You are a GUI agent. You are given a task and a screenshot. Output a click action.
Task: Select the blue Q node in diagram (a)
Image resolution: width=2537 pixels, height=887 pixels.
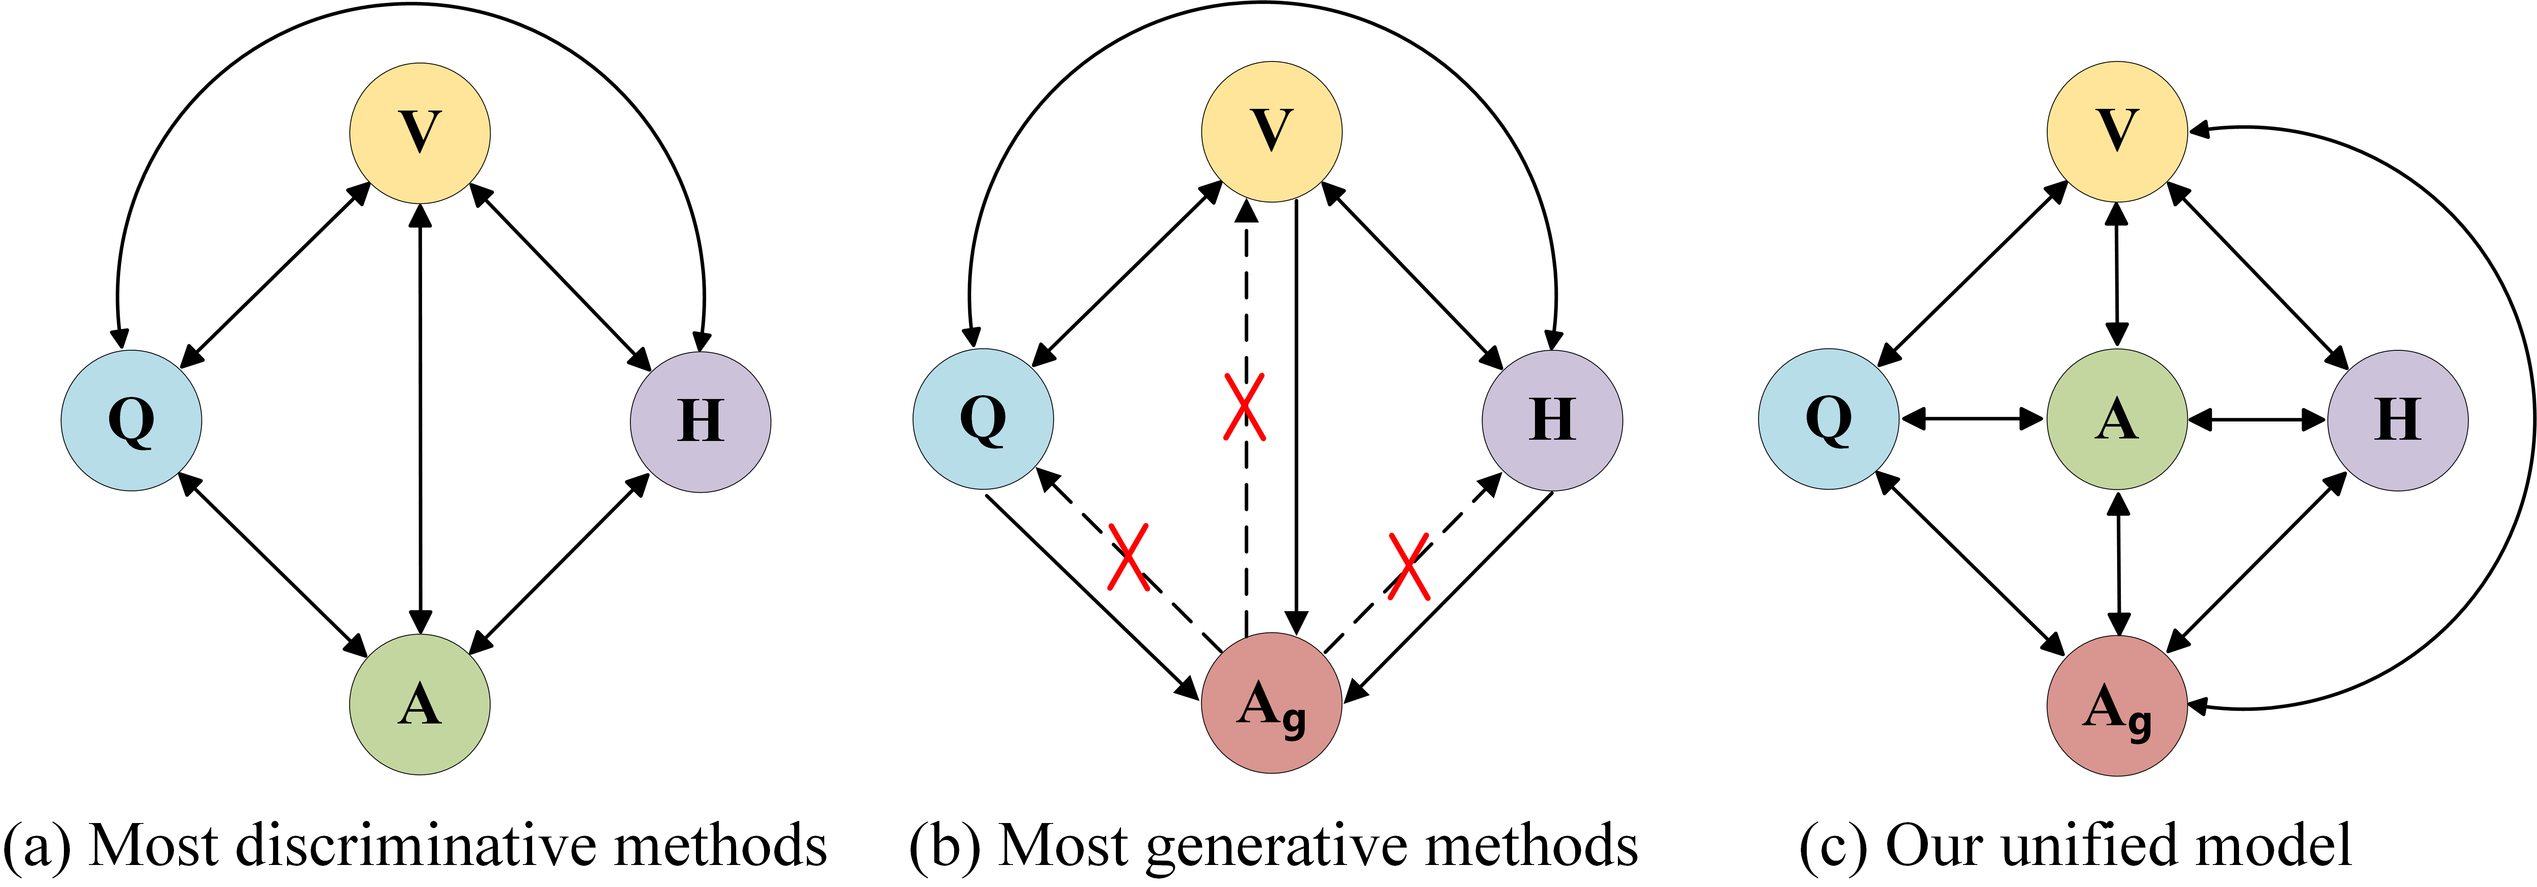click(x=132, y=421)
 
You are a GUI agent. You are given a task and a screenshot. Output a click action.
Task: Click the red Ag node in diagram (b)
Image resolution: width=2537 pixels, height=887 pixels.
click(x=1270, y=704)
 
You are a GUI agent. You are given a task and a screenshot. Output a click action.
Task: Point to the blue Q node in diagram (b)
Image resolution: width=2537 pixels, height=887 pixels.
click(x=983, y=419)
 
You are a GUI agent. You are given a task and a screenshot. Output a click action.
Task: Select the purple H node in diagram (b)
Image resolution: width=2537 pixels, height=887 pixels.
click(x=1552, y=421)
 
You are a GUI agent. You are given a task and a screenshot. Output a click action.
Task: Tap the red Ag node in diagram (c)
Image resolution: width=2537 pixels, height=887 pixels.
click(x=2117, y=706)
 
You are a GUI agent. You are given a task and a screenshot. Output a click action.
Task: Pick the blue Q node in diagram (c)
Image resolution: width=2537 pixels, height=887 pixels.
click(x=1829, y=419)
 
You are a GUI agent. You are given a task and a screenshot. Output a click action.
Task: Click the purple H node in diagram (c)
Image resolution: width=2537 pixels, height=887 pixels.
click(x=2397, y=421)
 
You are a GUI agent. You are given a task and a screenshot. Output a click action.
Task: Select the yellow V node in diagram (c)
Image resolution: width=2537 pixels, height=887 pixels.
click(x=2117, y=131)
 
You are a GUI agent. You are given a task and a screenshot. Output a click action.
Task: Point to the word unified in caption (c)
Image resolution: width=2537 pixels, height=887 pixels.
click(x=2108, y=845)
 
